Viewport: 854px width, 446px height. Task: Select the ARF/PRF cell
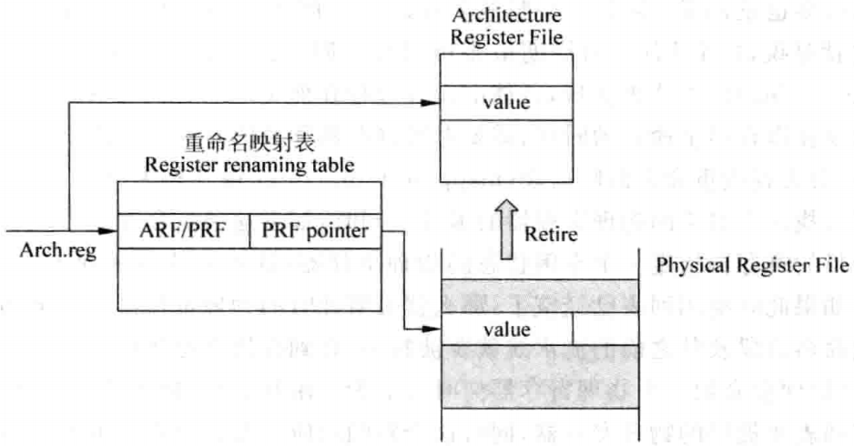click(x=183, y=233)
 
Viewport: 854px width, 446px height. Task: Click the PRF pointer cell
click(x=314, y=233)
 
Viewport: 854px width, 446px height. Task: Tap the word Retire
click(x=548, y=234)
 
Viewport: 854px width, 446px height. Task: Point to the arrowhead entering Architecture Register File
click(x=431, y=102)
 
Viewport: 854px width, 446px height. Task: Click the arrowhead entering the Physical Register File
click(x=431, y=332)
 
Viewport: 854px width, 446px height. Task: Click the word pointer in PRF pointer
click(x=336, y=233)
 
